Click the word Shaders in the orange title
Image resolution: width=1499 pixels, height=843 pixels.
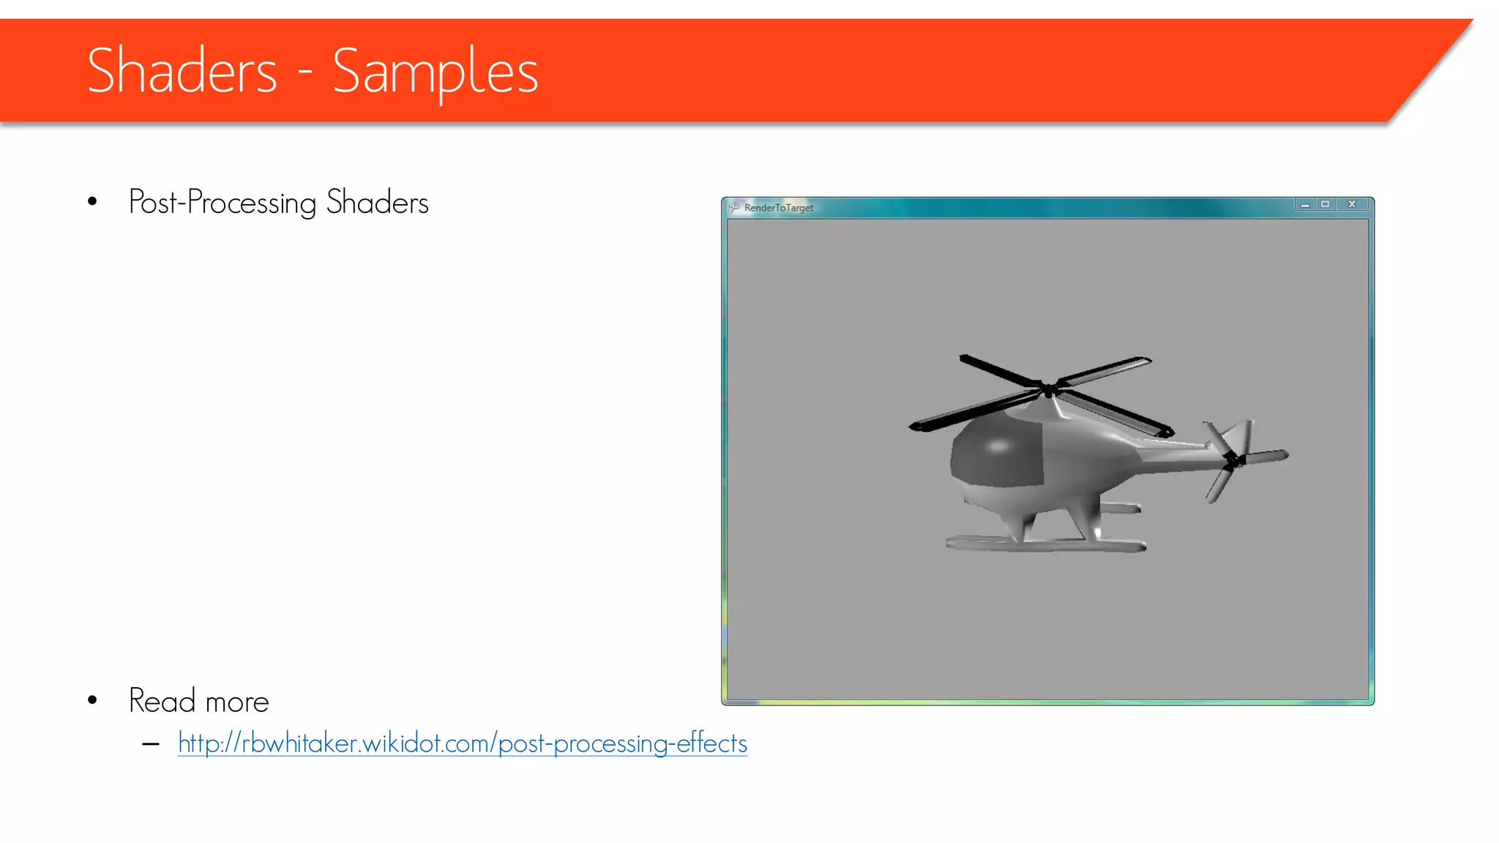click(182, 71)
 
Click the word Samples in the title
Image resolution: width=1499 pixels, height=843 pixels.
click(436, 72)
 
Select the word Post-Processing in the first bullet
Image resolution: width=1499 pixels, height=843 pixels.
click(223, 203)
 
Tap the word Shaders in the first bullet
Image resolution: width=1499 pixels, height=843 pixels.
click(377, 203)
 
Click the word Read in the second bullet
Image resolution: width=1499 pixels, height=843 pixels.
click(162, 700)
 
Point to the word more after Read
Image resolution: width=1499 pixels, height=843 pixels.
click(237, 702)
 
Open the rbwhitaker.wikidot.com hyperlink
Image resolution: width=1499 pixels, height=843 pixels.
click(462, 743)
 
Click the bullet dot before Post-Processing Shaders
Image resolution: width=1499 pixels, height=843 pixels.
click(92, 202)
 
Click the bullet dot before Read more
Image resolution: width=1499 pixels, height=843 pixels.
click(92, 700)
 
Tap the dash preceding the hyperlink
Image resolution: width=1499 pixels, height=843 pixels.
click(151, 745)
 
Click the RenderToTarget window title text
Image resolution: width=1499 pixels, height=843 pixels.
click(779, 208)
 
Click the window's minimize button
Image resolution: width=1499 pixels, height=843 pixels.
click(1304, 205)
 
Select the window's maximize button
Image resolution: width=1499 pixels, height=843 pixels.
click(1325, 205)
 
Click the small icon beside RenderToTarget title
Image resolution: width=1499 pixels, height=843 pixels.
click(734, 208)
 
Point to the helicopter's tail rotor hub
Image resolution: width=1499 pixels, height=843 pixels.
click(1232, 459)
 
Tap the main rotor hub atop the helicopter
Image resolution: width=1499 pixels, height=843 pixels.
click(1048, 389)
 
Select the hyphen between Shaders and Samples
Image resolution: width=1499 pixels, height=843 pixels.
click(305, 74)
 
